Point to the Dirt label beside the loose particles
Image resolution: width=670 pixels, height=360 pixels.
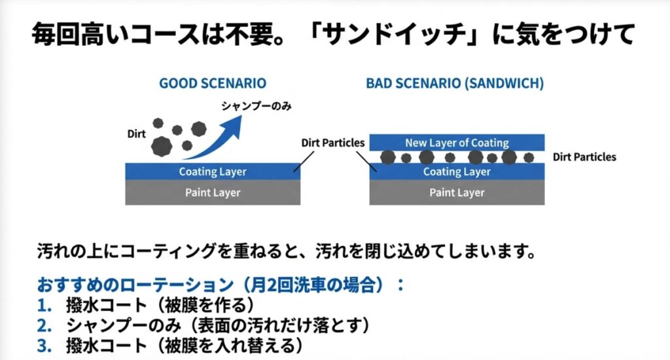[x=136, y=134]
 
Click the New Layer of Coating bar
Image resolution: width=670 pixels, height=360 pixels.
[x=457, y=143]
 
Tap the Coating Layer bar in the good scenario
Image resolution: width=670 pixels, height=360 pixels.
[x=213, y=172]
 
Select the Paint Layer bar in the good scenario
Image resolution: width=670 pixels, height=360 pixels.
[x=213, y=192]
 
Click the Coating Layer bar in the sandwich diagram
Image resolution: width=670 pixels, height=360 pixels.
[x=457, y=172]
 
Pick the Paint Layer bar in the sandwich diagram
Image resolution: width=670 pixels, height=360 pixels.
[x=457, y=192]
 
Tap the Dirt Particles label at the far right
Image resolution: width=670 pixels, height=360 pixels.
[x=584, y=157]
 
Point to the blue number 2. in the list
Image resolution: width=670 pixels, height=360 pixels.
[x=44, y=325]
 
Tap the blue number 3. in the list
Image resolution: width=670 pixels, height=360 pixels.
[x=44, y=344]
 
